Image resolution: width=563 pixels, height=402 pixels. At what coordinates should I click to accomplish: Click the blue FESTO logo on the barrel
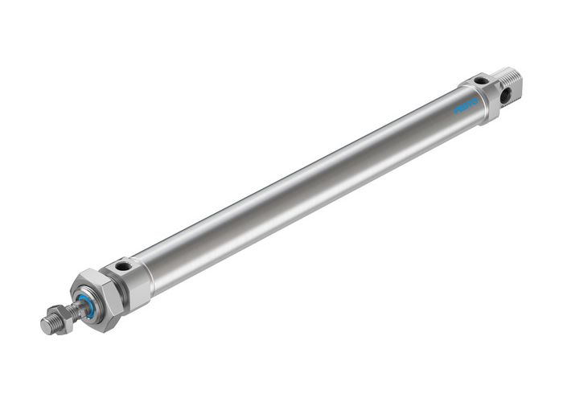465,106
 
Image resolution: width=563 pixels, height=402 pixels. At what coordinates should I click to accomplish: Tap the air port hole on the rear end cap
480,80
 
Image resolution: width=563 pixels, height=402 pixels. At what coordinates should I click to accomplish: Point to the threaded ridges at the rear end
511,78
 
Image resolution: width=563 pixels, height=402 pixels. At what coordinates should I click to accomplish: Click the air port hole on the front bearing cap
122,265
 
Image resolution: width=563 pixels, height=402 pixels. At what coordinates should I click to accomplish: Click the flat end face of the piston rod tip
46,326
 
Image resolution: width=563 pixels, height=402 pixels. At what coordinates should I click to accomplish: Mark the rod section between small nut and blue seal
76,309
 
